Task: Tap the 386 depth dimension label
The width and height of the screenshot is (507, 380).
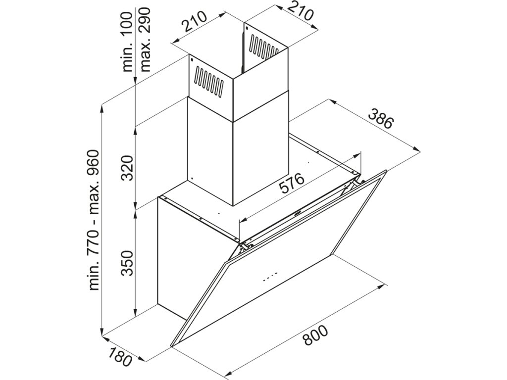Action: click(381, 118)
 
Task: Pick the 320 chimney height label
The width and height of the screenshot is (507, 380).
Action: click(127, 168)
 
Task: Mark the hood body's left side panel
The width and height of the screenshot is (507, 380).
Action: click(171, 257)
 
